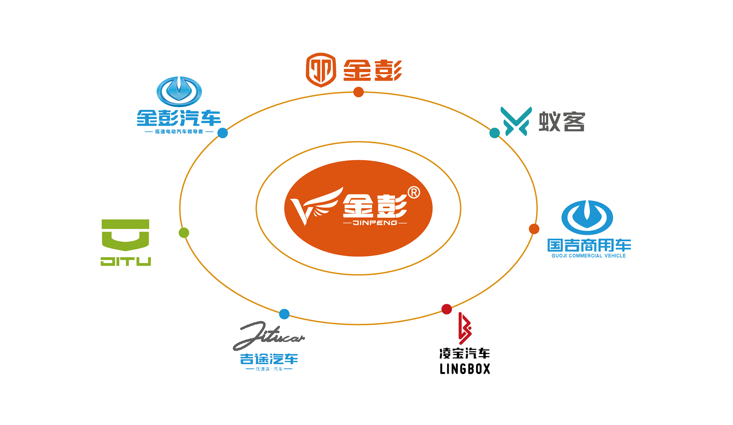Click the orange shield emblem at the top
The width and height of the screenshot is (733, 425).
coord(321,70)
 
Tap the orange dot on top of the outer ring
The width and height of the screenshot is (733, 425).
coord(358,92)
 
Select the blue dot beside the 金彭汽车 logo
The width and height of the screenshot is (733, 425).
coord(223,133)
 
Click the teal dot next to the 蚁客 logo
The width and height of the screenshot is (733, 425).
coord(494,133)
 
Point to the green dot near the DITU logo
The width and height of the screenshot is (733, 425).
coord(184,233)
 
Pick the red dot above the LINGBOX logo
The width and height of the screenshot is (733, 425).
coord(447,309)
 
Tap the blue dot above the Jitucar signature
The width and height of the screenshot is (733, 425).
coord(284,314)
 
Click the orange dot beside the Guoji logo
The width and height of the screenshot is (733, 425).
coord(534,229)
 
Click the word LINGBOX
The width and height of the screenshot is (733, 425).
coord(465,369)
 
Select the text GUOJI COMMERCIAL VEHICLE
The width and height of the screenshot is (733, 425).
coord(588,256)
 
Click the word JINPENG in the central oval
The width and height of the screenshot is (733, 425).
coord(375,223)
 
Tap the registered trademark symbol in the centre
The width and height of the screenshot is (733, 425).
coord(414,192)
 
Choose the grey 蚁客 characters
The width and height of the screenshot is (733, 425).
coord(562,122)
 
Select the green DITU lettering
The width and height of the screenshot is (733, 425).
coord(126,262)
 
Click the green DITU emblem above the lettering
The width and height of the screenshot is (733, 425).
coord(126,234)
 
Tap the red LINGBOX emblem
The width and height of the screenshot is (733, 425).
coord(465,328)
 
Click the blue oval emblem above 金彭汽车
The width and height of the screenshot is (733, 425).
coord(179,92)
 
